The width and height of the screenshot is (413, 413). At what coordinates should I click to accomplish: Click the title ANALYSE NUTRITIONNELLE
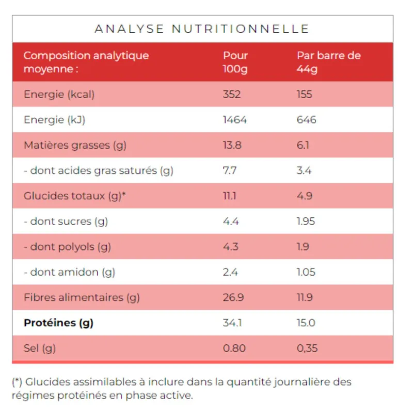202,29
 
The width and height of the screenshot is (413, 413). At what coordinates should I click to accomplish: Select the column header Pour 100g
235,62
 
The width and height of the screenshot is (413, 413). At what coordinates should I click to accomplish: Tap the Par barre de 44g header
329,62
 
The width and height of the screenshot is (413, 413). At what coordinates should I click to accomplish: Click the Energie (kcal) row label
59,94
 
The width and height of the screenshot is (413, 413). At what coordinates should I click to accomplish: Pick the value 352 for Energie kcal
232,94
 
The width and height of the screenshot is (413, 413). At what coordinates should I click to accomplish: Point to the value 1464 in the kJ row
235,120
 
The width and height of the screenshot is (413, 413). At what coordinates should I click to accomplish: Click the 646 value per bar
307,120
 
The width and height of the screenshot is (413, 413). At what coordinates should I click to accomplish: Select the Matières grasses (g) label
75,145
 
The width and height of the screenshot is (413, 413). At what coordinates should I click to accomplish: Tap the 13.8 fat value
232,145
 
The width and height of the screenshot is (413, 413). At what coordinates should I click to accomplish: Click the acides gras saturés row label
99,171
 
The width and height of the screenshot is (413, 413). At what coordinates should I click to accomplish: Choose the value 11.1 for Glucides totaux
230,196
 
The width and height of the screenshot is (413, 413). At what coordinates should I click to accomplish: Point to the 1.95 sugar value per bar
306,221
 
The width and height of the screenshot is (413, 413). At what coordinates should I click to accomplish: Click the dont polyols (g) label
68,247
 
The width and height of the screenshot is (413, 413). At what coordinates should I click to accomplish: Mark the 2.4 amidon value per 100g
230,272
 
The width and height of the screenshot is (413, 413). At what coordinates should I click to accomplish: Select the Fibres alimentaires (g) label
82,297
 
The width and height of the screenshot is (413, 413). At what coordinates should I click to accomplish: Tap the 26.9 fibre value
233,297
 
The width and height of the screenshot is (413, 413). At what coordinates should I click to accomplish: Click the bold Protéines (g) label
59,323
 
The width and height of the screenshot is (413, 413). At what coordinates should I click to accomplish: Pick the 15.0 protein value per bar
306,323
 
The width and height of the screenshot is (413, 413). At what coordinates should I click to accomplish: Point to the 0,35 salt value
307,348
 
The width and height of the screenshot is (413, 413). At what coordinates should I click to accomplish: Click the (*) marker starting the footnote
17,383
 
